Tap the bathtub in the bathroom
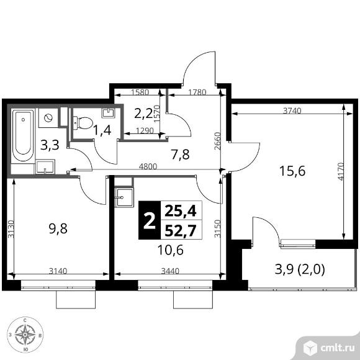click(x=23, y=136)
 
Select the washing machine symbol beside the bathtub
click(x=48, y=118)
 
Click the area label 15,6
click(x=292, y=171)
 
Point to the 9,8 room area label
click(x=58, y=228)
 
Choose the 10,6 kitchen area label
click(x=170, y=250)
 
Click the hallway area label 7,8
click(x=180, y=155)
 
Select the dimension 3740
click(x=292, y=110)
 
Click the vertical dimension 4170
click(x=341, y=171)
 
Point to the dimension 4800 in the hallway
click(x=148, y=166)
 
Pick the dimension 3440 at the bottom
click(x=170, y=271)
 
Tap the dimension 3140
click(x=58, y=271)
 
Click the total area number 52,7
click(x=181, y=230)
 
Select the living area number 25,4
click(x=181, y=211)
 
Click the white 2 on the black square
click(x=150, y=221)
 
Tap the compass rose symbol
click(x=25, y=335)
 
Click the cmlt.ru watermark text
click(x=337, y=348)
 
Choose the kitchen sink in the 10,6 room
click(x=124, y=197)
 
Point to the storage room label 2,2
click(x=143, y=113)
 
